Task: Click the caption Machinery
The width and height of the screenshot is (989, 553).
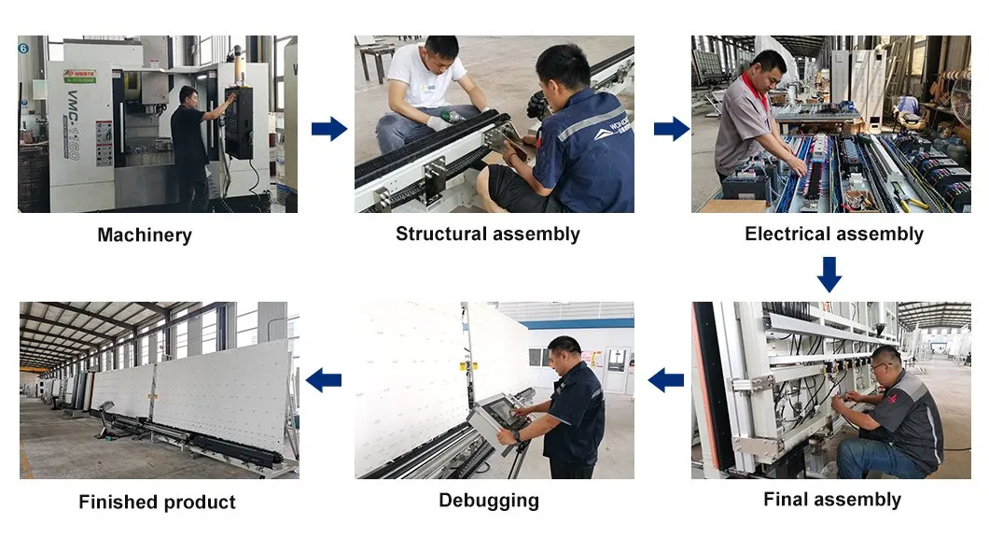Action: [x=145, y=235]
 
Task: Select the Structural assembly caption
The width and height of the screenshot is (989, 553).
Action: [x=487, y=234]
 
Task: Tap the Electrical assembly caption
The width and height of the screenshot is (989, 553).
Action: [x=834, y=234]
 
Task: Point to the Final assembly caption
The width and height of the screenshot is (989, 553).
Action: [x=832, y=500]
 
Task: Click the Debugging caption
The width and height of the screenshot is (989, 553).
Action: [x=489, y=501]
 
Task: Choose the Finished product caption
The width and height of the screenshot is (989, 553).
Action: [x=157, y=503]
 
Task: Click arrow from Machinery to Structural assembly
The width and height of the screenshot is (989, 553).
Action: [x=328, y=128]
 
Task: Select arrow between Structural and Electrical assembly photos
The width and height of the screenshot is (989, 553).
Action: [x=671, y=128]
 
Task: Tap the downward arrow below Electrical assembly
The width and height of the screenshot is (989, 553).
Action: [x=829, y=275]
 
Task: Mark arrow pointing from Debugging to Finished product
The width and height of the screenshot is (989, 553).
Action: [x=324, y=379]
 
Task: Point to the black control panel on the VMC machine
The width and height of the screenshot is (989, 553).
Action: [x=239, y=121]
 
